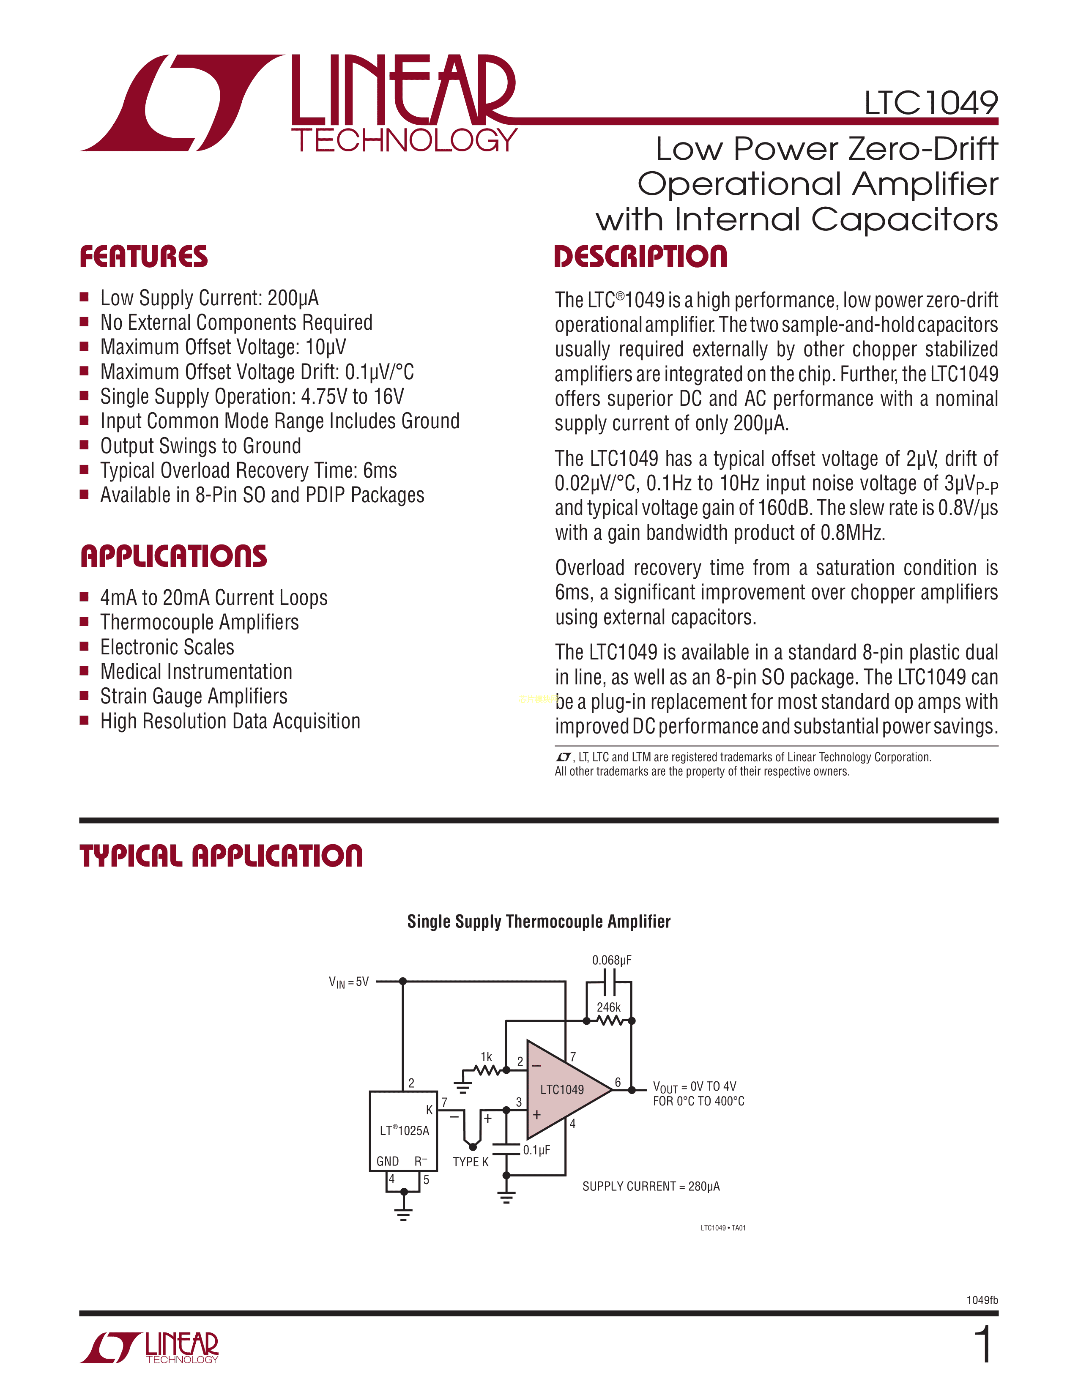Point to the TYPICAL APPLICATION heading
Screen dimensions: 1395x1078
[x=221, y=856]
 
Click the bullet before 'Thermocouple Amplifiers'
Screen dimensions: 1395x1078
[x=84, y=621]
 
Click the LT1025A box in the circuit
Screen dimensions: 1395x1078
[x=404, y=1130]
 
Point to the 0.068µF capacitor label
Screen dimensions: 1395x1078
[x=611, y=960]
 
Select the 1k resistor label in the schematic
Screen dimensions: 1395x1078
[x=486, y=1057]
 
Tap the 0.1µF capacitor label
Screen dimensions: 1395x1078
[x=536, y=1150]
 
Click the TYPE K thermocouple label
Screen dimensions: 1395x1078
[x=471, y=1162]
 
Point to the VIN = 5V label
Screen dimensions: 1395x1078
[x=349, y=982]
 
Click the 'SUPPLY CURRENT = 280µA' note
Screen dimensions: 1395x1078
[x=651, y=1186]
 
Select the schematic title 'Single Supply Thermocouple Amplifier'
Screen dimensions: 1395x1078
[x=538, y=922]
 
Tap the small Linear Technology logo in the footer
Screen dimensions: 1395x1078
[x=149, y=1348]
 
